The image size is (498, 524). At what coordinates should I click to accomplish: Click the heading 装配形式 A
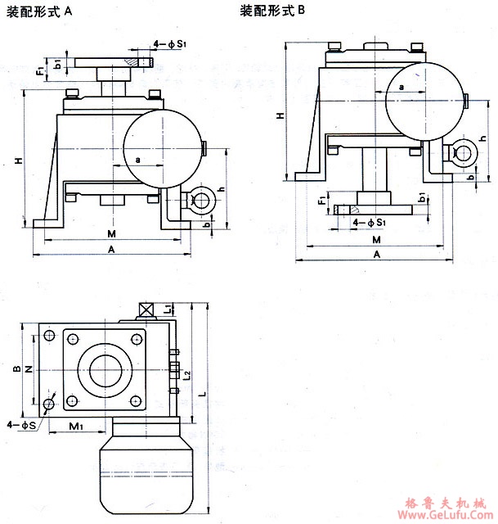pos(40,12)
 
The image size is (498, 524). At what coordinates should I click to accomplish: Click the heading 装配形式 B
pos(272,12)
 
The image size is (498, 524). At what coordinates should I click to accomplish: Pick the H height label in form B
pos(280,116)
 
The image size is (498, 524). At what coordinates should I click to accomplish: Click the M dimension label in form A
pos(111,233)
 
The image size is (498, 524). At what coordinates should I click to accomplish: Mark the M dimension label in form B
pos(377,240)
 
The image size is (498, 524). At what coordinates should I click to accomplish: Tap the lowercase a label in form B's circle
pos(402,86)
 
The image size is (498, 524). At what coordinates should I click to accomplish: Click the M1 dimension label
pos(76,426)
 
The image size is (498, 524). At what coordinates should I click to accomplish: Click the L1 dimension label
pos(167,309)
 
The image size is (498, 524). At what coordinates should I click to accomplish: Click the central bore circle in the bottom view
pos(103,371)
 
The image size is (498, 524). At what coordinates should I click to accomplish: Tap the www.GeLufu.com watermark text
pos(446,517)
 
